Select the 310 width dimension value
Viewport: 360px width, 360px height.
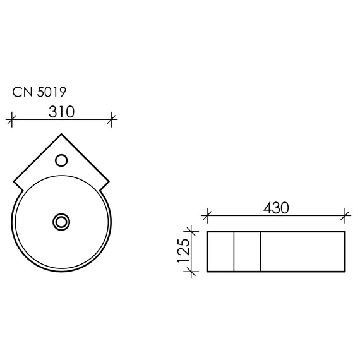click(x=61, y=112)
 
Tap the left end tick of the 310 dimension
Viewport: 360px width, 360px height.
click(x=11, y=118)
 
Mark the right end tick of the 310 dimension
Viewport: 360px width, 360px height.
click(x=112, y=118)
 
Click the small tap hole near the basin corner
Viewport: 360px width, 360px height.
click(x=61, y=160)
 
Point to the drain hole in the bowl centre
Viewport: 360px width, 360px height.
click(x=61, y=222)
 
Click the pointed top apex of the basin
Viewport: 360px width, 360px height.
click(x=61, y=134)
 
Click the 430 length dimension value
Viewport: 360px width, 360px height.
click(x=276, y=207)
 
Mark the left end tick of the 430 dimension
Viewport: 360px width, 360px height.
click(x=207, y=216)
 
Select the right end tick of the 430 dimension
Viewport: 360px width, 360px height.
click(x=345, y=216)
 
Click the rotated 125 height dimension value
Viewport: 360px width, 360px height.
click(x=184, y=251)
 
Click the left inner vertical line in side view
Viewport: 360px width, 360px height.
click(x=234, y=252)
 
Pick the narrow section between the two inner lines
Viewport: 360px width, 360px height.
click(x=248, y=252)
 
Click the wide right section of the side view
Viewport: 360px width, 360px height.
click(x=304, y=252)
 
